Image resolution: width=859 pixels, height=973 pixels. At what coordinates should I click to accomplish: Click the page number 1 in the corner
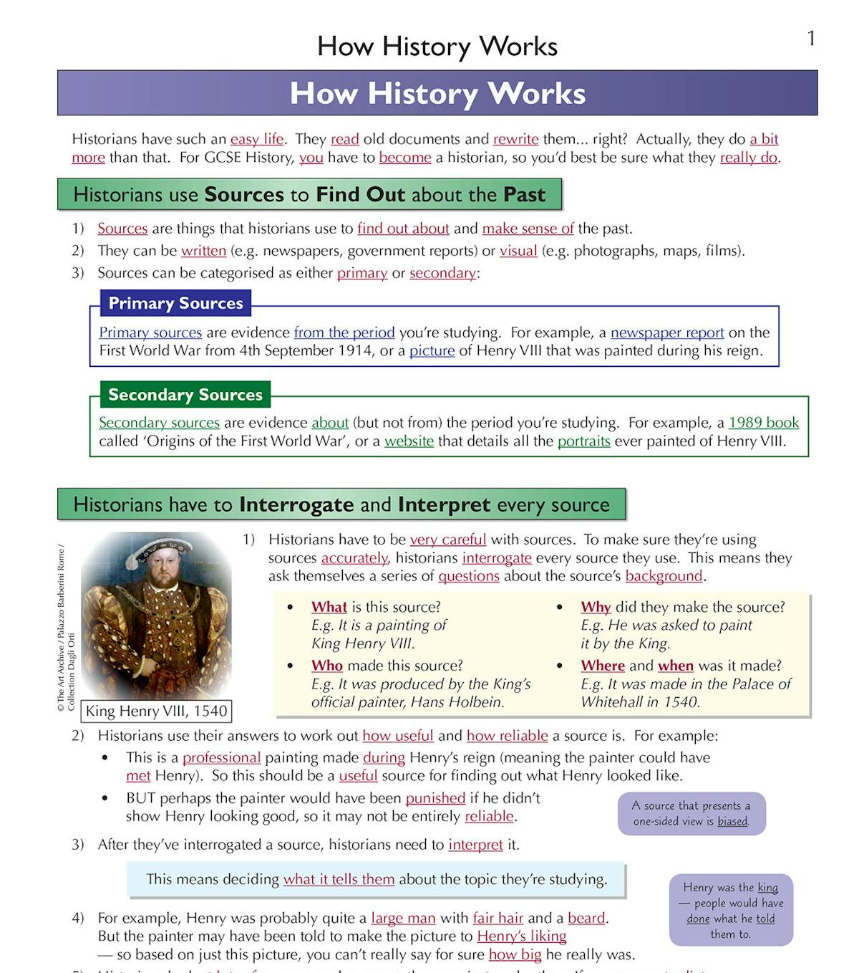(x=811, y=38)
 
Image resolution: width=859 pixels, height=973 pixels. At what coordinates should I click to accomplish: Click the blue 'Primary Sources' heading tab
(x=175, y=303)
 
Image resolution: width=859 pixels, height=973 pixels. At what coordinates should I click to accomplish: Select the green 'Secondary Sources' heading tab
(x=185, y=394)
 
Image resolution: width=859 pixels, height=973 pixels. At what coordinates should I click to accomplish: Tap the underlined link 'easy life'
(x=257, y=139)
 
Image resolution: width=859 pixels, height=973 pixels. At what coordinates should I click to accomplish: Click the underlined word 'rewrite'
(x=515, y=139)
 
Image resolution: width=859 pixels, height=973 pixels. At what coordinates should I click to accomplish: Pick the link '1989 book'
(x=764, y=423)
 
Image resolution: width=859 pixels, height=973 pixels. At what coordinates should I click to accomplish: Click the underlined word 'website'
(x=409, y=441)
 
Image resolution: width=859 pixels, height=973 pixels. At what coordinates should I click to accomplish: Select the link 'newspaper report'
(x=667, y=332)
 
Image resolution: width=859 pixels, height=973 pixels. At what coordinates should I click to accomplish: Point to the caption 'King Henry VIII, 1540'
(x=156, y=711)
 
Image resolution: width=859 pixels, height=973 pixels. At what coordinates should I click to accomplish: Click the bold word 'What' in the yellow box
(x=329, y=607)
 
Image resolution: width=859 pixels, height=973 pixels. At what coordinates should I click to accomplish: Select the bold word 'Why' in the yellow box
(x=596, y=607)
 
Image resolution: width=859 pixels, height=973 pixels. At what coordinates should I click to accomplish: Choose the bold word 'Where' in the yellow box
(x=603, y=666)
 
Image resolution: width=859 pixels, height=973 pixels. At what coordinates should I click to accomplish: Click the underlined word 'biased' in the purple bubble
(x=732, y=822)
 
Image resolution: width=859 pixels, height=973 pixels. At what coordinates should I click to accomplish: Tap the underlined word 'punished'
(x=435, y=798)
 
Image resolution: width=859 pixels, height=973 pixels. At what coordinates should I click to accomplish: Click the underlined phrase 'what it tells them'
(x=339, y=879)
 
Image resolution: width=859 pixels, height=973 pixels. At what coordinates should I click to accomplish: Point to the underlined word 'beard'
(x=586, y=918)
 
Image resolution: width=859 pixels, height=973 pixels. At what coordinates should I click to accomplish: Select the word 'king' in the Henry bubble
(x=767, y=887)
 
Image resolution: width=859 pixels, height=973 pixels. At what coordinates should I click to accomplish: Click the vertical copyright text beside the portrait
(x=65, y=627)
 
